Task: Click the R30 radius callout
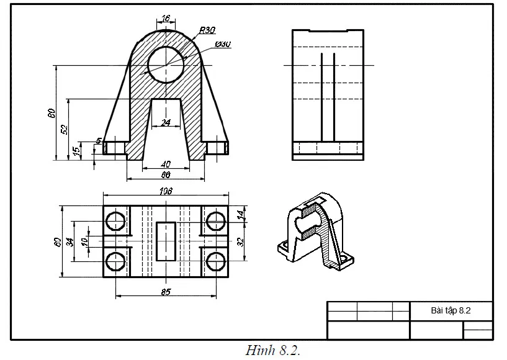coord(207,30)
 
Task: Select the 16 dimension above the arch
coord(165,19)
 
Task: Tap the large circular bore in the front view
coord(166,64)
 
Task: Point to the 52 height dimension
coord(63,129)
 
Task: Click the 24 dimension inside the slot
coord(166,123)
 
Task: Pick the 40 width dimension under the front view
coord(166,164)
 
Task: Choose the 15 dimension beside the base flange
coord(76,151)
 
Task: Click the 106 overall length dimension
coord(165,191)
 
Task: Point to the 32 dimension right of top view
coord(240,241)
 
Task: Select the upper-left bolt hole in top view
coord(115,220)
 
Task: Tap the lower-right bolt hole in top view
coord(215,261)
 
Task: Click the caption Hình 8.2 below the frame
coord(273,351)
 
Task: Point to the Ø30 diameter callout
coord(223,44)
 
